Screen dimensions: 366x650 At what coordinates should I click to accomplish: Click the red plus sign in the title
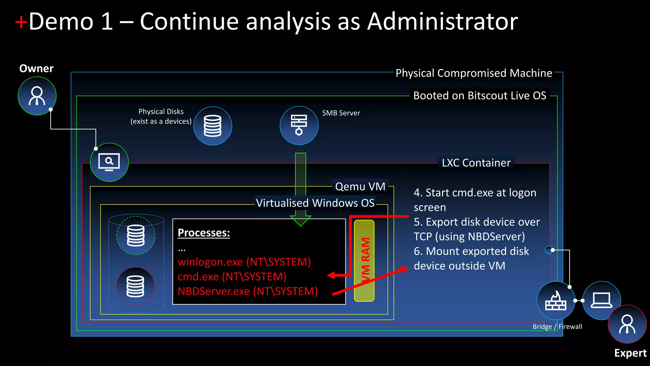pyautogui.click(x=21, y=23)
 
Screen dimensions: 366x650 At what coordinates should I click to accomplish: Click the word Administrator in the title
pyautogui.click(x=442, y=22)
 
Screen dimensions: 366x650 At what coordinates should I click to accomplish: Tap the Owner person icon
pyautogui.click(x=37, y=96)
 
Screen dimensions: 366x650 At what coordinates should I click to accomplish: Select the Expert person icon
pyautogui.click(x=627, y=324)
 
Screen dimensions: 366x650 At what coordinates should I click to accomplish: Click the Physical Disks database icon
pyautogui.click(x=213, y=126)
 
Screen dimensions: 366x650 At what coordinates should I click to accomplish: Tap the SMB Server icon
pyautogui.click(x=299, y=125)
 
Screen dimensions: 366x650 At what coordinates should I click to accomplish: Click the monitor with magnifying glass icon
pyautogui.click(x=109, y=162)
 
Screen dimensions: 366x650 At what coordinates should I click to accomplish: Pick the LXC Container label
pyautogui.click(x=476, y=163)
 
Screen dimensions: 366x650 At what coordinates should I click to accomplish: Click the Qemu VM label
pyautogui.click(x=360, y=186)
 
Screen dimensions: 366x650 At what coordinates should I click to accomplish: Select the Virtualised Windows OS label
pyautogui.click(x=315, y=203)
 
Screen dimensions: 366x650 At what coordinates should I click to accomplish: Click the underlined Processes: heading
pyautogui.click(x=204, y=233)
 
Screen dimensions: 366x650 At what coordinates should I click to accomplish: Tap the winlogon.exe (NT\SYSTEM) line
pyautogui.click(x=244, y=262)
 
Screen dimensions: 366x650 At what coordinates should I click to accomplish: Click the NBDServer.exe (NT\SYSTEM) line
pyautogui.click(x=248, y=291)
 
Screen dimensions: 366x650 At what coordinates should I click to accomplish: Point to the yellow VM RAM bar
pyautogui.click(x=364, y=261)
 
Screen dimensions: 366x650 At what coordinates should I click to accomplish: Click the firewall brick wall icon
pyautogui.click(x=556, y=301)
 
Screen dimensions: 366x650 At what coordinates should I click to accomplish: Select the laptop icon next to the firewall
pyautogui.click(x=601, y=301)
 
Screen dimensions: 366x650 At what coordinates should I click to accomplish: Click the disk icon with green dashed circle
pyautogui.click(x=136, y=235)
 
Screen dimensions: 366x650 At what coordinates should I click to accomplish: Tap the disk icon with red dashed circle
pyautogui.click(x=136, y=286)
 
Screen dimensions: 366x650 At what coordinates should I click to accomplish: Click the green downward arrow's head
pyautogui.click(x=300, y=220)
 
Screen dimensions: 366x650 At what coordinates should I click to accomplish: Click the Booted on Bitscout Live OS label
pyautogui.click(x=480, y=96)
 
